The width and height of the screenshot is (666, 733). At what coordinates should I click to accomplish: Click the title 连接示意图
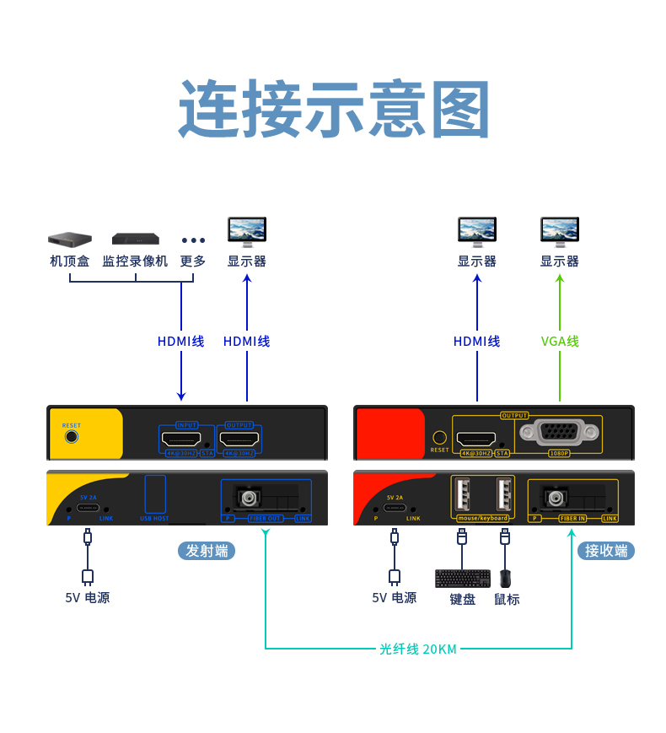(x=334, y=110)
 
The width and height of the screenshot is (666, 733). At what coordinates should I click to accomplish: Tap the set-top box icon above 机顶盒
(x=69, y=239)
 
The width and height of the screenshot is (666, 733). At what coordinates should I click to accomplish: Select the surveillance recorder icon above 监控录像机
(x=136, y=239)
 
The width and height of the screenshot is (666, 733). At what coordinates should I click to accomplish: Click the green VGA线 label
(x=560, y=342)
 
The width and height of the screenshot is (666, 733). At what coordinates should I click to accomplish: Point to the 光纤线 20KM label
(x=418, y=649)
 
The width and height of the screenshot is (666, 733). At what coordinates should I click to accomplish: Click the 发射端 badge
(x=207, y=551)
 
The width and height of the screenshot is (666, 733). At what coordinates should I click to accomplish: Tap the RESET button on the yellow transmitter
(x=72, y=437)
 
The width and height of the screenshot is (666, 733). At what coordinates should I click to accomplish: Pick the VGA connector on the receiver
(x=559, y=434)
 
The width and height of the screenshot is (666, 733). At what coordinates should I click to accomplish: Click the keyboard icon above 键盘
(x=462, y=579)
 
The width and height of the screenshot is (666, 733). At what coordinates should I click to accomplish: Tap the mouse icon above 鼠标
(x=505, y=579)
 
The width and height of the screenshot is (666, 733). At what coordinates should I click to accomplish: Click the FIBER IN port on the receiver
(x=556, y=498)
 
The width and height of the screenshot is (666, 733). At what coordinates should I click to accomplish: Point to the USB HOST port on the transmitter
(x=155, y=494)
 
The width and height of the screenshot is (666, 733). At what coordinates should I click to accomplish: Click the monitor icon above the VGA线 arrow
(x=560, y=230)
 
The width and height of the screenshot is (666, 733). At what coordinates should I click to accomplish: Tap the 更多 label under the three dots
(x=193, y=261)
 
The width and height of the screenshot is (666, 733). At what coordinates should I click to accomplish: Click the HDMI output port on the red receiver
(x=475, y=439)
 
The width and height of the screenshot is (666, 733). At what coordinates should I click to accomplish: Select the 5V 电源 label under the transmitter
(x=88, y=597)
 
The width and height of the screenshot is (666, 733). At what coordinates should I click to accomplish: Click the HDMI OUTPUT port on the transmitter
(x=239, y=439)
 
